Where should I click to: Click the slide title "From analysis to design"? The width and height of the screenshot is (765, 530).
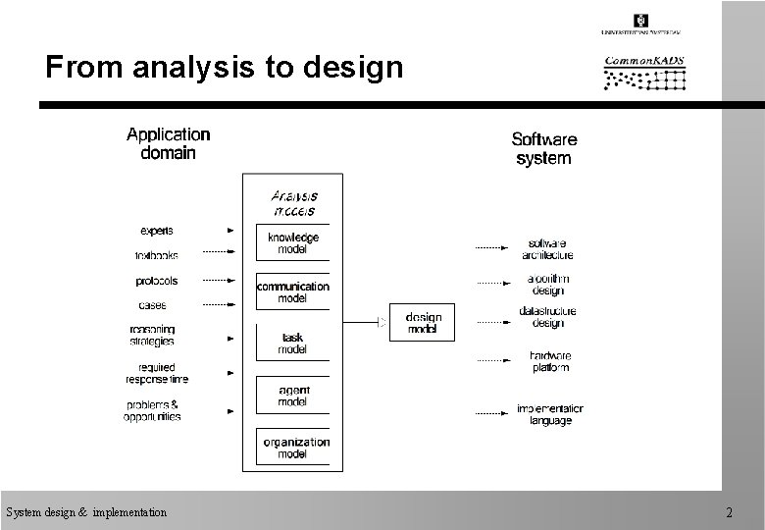click(225, 67)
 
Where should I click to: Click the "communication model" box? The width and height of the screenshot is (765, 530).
click(292, 292)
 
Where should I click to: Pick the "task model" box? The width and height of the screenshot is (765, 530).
click(292, 343)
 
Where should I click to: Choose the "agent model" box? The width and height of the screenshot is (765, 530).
click(292, 395)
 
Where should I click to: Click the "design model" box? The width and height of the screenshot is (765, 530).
click(423, 323)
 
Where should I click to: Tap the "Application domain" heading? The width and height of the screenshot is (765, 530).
click(168, 143)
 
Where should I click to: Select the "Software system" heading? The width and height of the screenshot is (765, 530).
click(543, 149)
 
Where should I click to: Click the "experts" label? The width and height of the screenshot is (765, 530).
click(157, 231)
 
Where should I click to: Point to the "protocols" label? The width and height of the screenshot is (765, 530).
click(157, 281)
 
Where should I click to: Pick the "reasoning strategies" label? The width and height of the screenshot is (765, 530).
click(152, 335)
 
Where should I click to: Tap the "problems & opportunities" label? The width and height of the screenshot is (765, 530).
click(152, 410)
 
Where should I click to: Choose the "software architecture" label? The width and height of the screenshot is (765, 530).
click(546, 249)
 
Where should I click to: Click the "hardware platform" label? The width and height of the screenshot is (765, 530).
click(550, 361)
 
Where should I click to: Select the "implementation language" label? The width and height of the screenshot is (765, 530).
click(550, 414)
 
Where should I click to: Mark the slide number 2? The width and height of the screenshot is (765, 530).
click(729, 511)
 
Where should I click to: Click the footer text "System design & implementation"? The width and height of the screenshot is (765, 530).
click(86, 511)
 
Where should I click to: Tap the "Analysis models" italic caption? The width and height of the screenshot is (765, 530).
click(293, 202)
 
